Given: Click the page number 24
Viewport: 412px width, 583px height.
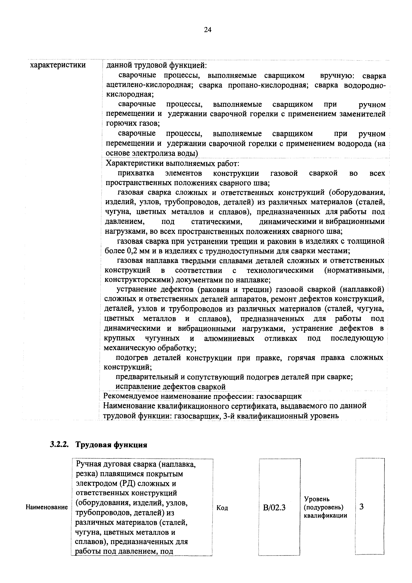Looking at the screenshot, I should click(208, 30).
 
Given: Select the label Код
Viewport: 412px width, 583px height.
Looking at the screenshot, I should click(222, 508).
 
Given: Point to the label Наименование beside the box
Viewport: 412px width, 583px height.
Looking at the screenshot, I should click(47, 507).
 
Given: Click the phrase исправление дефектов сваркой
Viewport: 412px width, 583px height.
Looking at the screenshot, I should click(171, 387).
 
